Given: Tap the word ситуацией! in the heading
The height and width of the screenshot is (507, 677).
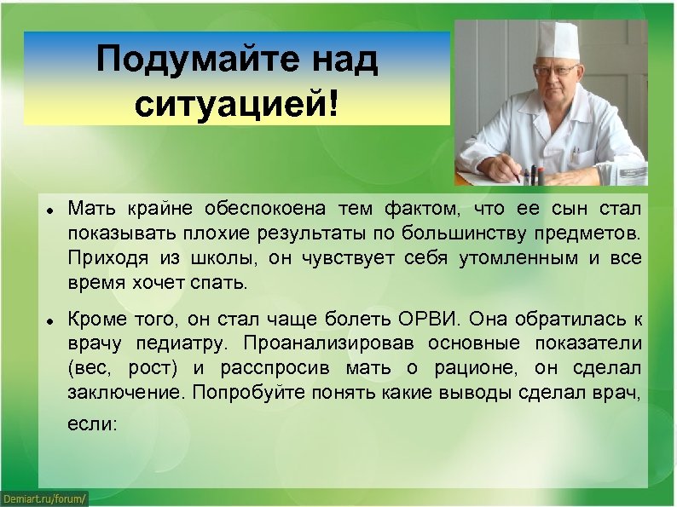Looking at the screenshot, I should tap(236, 105).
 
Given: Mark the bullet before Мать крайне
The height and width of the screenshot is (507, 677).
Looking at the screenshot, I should tap(51, 210).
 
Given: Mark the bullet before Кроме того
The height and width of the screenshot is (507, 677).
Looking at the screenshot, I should tap(51, 320).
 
